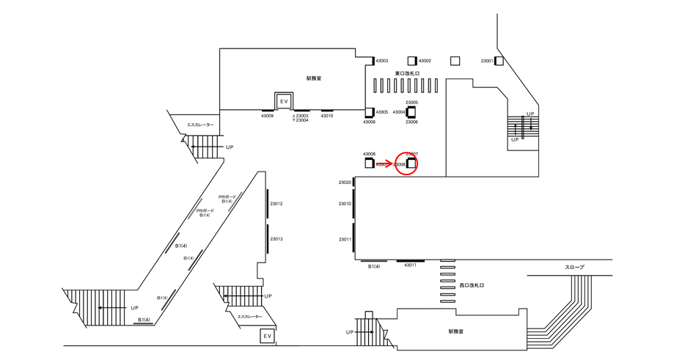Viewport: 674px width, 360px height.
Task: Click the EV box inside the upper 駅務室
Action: (283, 100)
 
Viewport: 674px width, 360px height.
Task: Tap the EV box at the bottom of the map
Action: (268, 337)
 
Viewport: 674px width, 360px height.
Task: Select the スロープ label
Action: (574, 268)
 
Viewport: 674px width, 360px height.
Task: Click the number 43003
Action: (382, 61)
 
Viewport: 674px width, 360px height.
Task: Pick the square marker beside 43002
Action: (413, 61)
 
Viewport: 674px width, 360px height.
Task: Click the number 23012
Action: (276, 204)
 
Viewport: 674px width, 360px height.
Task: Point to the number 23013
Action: (276, 239)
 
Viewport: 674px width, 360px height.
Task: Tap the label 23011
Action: (345, 240)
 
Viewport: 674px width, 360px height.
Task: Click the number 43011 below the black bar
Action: (410, 265)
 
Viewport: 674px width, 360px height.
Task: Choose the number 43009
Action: (267, 116)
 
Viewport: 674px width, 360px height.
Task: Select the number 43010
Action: (327, 116)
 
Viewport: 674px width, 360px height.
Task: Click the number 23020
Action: (345, 183)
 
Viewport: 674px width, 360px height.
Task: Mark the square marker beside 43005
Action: (370, 112)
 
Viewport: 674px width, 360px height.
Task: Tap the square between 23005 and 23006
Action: (411, 112)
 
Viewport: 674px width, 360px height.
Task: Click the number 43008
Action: (369, 155)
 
